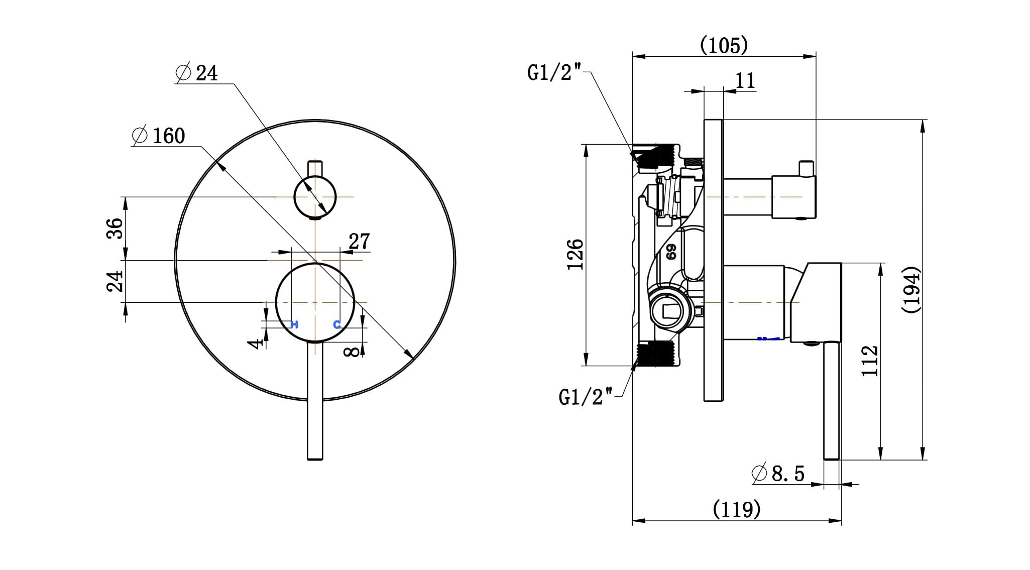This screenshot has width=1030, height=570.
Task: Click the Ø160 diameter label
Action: [159, 136]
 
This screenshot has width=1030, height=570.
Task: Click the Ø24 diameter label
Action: [197, 73]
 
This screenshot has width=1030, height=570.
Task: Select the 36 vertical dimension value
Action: [115, 229]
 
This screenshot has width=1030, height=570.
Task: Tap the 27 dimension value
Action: [359, 242]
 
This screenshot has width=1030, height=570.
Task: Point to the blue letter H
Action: [295, 324]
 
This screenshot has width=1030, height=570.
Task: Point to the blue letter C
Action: [337, 324]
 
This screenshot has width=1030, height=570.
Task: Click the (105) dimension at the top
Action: [724, 45]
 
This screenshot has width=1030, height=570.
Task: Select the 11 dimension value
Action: [745, 80]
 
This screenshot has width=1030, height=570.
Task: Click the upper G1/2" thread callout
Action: [554, 73]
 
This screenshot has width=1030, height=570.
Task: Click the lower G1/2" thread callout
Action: [586, 397]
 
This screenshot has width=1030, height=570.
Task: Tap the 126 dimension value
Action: [576, 255]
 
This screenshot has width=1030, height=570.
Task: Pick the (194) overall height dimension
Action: [911, 290]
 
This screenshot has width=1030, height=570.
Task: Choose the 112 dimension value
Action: [869, 361]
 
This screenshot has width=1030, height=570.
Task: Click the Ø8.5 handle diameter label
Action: [778, 473]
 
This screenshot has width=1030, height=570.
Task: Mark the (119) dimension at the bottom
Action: [737, 510]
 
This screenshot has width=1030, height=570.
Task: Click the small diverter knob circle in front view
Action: [315, 197]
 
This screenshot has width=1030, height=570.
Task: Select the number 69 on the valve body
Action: [671, 252]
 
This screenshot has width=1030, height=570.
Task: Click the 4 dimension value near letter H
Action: [257, 344]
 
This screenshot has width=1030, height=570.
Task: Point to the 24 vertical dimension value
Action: [115, 281]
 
